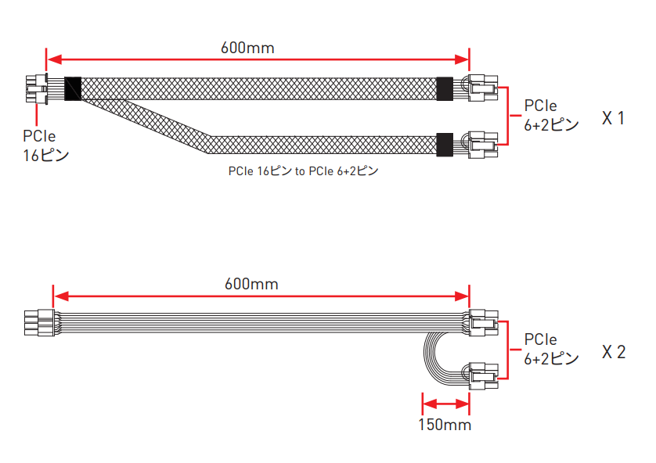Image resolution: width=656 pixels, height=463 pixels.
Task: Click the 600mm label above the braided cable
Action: [247, 48]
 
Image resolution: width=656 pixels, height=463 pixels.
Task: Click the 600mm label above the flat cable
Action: [251, 284]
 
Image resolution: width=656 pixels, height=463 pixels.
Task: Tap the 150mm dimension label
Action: [445, 425]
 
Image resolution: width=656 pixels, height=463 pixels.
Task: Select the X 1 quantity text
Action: [613, 118]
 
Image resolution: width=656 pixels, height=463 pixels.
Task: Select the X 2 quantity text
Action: [614, 352]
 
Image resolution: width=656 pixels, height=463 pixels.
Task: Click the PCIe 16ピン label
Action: [45, 145]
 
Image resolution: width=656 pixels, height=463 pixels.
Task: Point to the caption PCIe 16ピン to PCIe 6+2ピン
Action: [303, 171]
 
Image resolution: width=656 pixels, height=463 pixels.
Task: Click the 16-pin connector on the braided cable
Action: [36, 88]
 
